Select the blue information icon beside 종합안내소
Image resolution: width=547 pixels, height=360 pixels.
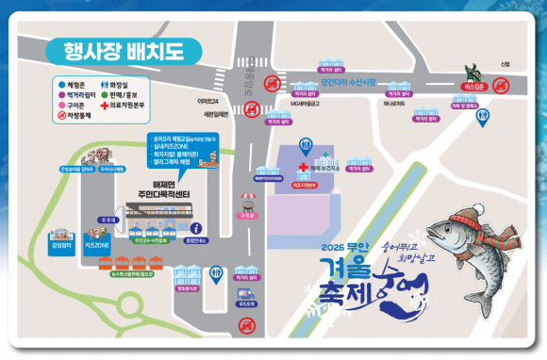tap(195, 227)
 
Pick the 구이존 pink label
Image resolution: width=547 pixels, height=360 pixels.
tap(248, 215)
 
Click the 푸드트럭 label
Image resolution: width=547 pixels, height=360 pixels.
tap(247, 303)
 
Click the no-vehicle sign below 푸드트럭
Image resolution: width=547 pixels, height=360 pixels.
tap(247, 326)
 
